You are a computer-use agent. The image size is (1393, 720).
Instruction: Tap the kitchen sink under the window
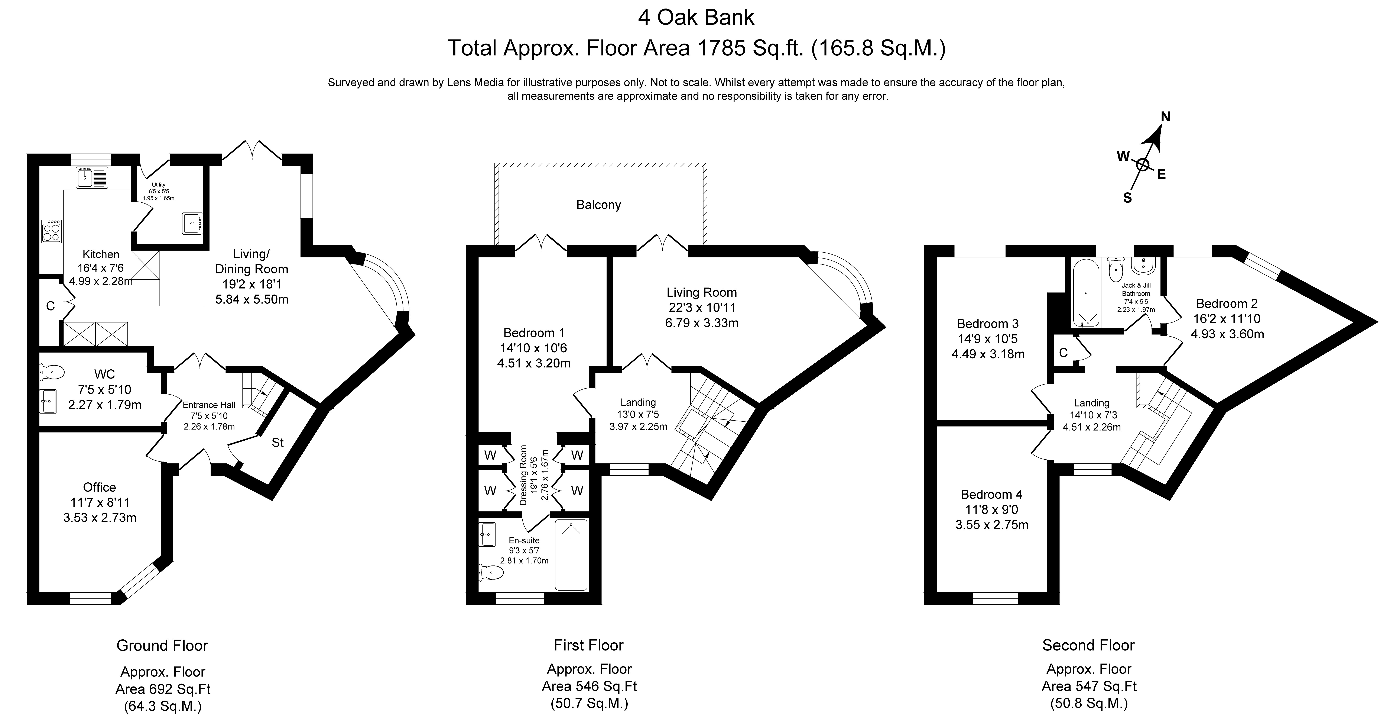92,177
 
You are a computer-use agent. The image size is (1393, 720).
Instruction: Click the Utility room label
158,184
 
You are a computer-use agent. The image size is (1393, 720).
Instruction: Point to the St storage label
277,443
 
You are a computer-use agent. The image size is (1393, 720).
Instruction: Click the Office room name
100,487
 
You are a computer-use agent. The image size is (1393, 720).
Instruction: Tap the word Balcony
598,205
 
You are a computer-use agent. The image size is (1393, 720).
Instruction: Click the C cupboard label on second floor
1063,353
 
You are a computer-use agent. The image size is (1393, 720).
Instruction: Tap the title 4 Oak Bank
696,17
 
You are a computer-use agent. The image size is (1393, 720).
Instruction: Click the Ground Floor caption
162,645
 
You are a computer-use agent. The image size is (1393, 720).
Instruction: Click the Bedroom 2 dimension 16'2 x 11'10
1227,319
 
